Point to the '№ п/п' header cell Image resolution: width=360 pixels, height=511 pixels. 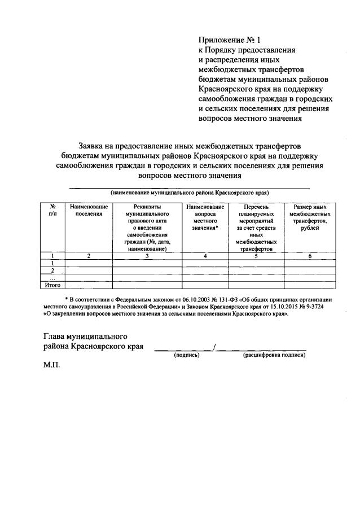(52, 211)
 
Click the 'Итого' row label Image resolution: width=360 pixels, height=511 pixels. (52, 285)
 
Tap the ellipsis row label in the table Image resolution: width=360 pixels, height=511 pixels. (52, 278)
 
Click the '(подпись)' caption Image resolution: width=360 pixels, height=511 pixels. (187, 355)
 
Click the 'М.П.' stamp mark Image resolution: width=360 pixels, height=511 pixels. (52, 365)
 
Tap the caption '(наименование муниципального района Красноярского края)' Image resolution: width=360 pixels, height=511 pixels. (189, 193)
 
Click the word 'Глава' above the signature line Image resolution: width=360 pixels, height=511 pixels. (54, 336)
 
